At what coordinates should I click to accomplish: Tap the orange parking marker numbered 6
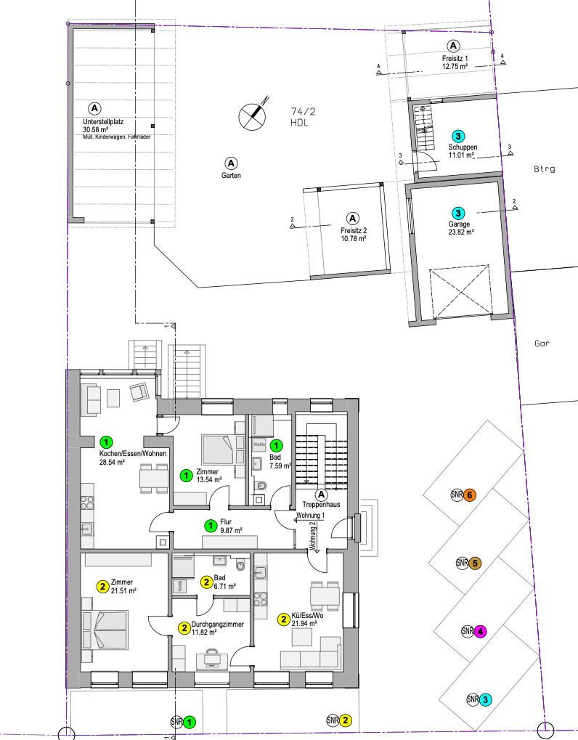coord(470,495)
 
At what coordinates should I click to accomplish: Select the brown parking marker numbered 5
coord(475,563)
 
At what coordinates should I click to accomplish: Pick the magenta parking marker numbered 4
coord(480,631)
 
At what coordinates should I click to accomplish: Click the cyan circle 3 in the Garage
coord(458,214)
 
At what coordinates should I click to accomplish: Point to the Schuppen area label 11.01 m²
coord(461,155)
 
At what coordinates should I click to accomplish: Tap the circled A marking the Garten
coord(231,162)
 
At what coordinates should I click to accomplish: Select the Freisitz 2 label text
coord(353,231)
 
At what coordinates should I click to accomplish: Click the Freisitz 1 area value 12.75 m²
coord(454,66)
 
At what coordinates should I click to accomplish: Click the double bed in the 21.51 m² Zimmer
coord(105,627)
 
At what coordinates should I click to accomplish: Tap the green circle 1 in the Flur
coord(209,525)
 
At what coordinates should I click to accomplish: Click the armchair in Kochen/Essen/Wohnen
coord(139,392)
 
